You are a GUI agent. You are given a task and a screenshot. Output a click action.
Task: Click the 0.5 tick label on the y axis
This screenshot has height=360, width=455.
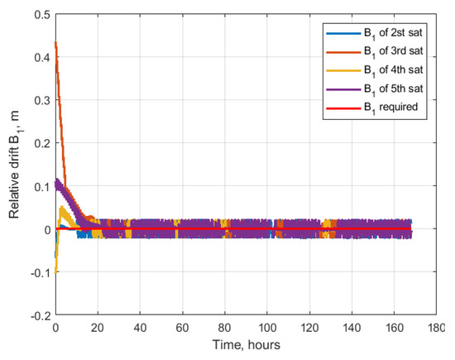tap(39, 15)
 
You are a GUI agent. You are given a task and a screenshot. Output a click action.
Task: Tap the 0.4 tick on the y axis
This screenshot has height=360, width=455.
tap(39, 58)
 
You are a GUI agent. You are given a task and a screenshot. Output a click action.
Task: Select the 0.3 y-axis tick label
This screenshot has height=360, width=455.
tap(39, 101)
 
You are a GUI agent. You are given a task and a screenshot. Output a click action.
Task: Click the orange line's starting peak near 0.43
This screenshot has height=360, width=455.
tap(55, 42)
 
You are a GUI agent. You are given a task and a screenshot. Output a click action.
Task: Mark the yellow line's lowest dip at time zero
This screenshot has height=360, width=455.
tap(55, 257)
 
